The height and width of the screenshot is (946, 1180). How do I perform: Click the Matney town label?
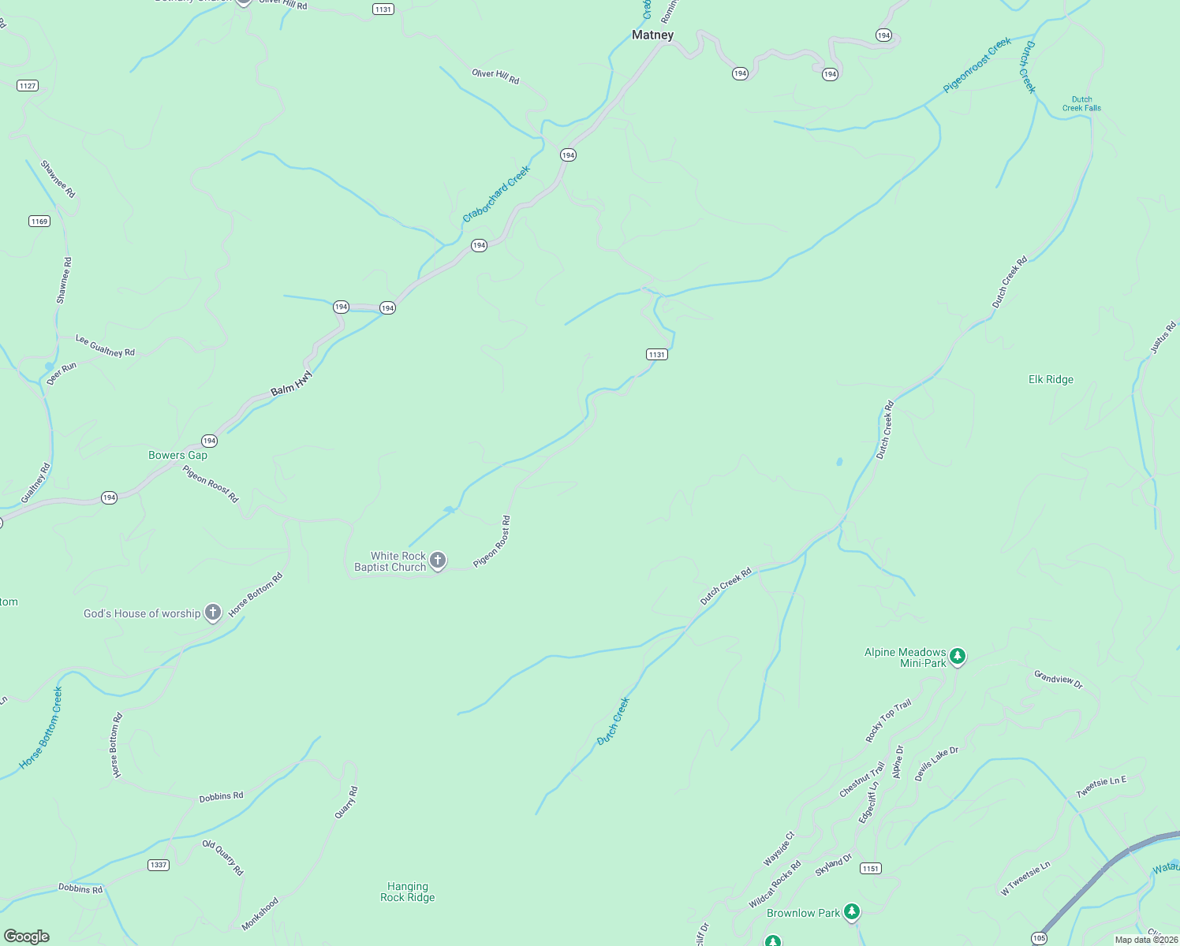(x=652, y=35)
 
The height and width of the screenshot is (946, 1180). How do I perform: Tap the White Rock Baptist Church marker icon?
(x=438, y=561)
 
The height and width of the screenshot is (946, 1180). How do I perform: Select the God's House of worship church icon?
(x=212, y=613)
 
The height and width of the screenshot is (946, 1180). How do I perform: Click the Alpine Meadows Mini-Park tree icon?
(x=958, y=656)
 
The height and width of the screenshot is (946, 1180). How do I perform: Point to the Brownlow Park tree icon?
(x=851, y=912)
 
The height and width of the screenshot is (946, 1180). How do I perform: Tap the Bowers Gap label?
(x=177, y=455)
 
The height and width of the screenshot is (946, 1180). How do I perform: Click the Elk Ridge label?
(x=1051, y=379)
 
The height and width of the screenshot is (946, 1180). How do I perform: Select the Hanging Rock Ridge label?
(x=407, y=892)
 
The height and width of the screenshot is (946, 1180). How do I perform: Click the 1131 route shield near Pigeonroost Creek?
(x=656, y=355)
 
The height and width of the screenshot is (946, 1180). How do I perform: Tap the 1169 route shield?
(x=39, y=221)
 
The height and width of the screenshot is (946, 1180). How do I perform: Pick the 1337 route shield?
(x=159, y=865)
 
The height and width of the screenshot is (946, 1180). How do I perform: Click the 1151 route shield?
(x=870, y=869)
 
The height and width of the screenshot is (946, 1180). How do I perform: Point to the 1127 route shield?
(x=28, y=85)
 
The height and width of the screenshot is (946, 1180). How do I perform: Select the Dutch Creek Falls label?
(x=1081, y=104)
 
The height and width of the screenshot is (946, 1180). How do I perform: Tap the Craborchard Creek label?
(x=496, y=193)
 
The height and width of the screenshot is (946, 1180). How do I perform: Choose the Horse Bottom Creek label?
(x=41, y=728)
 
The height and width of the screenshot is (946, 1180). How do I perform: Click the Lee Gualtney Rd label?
(x=105, y=345)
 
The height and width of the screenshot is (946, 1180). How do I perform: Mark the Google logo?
(x=27, y=937)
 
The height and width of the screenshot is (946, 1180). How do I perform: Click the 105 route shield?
(x=1039, y=938)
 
